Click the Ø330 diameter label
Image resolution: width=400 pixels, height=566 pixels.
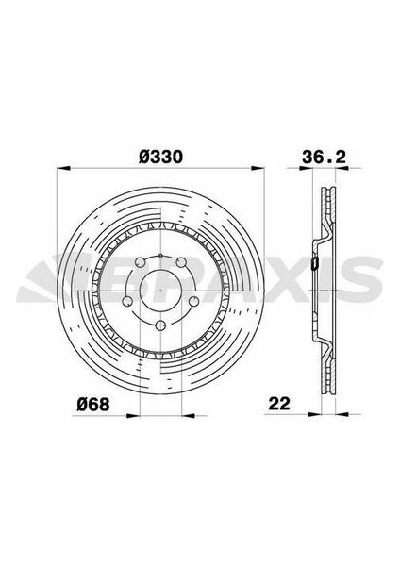coord(161,157)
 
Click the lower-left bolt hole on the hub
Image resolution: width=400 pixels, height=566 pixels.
coord(125,304)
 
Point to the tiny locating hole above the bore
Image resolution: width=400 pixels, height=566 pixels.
coord(161,256)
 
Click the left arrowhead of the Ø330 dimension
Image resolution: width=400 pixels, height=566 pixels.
coord(62,171)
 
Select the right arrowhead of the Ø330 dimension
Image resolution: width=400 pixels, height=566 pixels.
coord(261,171)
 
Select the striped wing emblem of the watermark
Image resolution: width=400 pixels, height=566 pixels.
coord(42,280)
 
